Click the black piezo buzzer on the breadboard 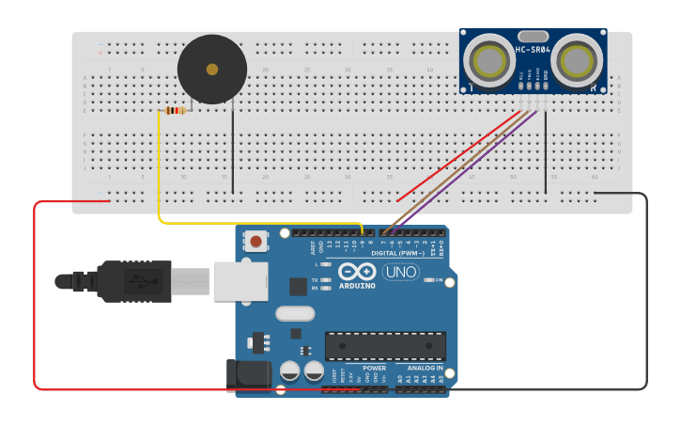point(212,70)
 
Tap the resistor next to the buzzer point(175,110)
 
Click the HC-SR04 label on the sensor point(532,49)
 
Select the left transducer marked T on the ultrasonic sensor point(489,61)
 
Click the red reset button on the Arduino point(256,242)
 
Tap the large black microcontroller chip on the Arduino point(385,345)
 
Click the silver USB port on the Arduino point(240,280)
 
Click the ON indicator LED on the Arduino point(427,280)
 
